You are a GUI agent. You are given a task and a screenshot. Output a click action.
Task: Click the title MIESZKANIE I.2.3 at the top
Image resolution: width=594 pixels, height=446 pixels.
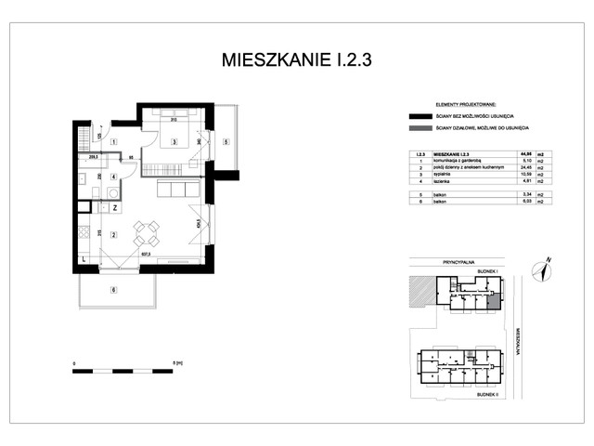297,60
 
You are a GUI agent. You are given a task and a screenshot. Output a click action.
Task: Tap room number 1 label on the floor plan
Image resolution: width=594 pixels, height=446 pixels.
113,141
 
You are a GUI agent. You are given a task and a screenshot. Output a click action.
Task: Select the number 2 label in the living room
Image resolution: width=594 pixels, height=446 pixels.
113,234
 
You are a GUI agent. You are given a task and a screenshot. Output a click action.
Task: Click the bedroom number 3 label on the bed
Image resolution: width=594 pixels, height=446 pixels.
174,142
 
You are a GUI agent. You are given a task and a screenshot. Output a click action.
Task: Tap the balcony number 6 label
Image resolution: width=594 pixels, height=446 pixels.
114,291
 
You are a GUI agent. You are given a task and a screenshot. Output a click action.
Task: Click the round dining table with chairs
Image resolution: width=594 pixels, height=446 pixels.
146,231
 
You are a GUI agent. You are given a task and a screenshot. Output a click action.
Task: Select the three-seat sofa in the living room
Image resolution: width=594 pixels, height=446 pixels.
176,189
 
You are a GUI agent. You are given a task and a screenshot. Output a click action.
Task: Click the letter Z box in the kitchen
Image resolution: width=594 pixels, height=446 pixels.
114,208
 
